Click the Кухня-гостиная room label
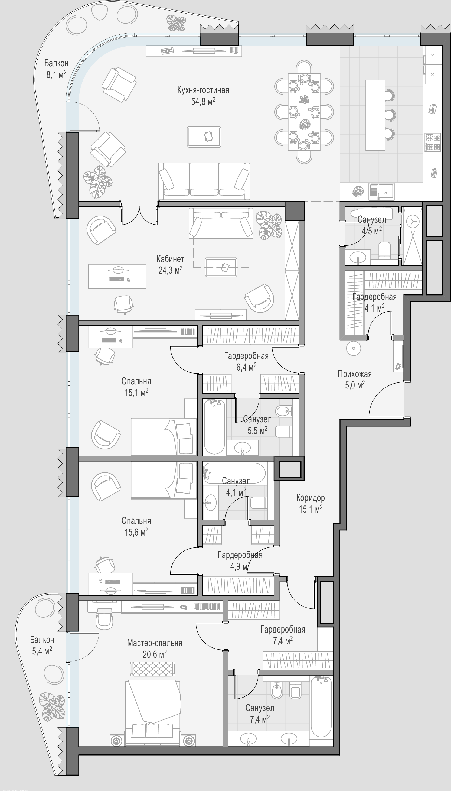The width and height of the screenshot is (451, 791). (203, 90)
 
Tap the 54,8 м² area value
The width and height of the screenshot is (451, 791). (203, 101)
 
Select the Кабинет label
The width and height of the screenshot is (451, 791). (170, 259)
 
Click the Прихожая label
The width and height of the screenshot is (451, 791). (355, 374)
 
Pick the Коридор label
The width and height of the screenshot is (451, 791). (311, 498)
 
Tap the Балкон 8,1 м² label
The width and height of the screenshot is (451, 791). (56, 69)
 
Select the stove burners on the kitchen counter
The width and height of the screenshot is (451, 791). (432, 142)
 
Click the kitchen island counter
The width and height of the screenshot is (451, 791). (375, 115)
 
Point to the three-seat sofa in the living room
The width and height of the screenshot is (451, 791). (204, 181)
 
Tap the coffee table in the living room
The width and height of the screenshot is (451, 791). (204, 136)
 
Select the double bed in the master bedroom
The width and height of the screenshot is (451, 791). (153, 713)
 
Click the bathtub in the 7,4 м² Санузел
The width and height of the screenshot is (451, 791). (321, 707)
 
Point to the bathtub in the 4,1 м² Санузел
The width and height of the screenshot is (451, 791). (234, 473)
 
